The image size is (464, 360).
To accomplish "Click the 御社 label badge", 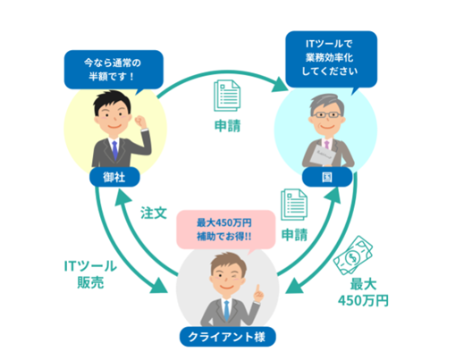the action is coord(114,177).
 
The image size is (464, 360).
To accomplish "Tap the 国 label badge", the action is coord(327,177).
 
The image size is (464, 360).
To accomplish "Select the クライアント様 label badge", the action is coord(227,337).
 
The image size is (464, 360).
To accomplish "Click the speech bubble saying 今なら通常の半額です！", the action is coord(114,71).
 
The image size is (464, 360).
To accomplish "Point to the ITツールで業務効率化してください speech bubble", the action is coord(331,59).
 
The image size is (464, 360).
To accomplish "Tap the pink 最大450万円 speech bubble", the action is coord(225,230).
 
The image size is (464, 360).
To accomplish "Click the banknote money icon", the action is coord(353,255).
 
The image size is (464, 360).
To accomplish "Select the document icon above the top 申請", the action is coord(227,96).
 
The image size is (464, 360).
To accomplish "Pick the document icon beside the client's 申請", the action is coord(294,205).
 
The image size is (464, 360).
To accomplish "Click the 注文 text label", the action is coord(154,213).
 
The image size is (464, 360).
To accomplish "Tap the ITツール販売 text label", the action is coord(90,274).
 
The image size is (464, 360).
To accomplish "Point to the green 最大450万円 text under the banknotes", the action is coord(363,292).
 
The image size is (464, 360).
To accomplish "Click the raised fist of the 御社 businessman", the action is coord(140,121).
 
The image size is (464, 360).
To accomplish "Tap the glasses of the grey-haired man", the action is coord(326,114).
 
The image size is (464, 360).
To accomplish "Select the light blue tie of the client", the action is coord(226,311).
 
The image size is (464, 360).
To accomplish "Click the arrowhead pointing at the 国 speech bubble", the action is coord(280,84).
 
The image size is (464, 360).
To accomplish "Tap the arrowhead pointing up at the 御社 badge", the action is coord(122,197).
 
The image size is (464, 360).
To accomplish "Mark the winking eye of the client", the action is coord(236,276).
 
